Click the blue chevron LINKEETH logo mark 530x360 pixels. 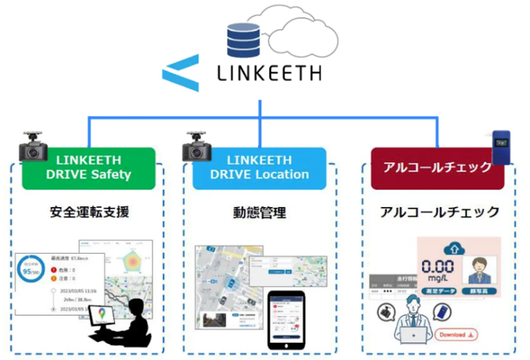pos(181,72)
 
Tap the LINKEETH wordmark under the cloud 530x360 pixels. pos(269,73)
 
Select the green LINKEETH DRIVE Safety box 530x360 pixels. pos(88,168)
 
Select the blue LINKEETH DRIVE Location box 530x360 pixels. pos(259,168)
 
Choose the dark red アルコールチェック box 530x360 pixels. pos(437,168)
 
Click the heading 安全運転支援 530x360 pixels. pos(89,212)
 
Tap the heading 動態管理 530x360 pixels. pos(260,212)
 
